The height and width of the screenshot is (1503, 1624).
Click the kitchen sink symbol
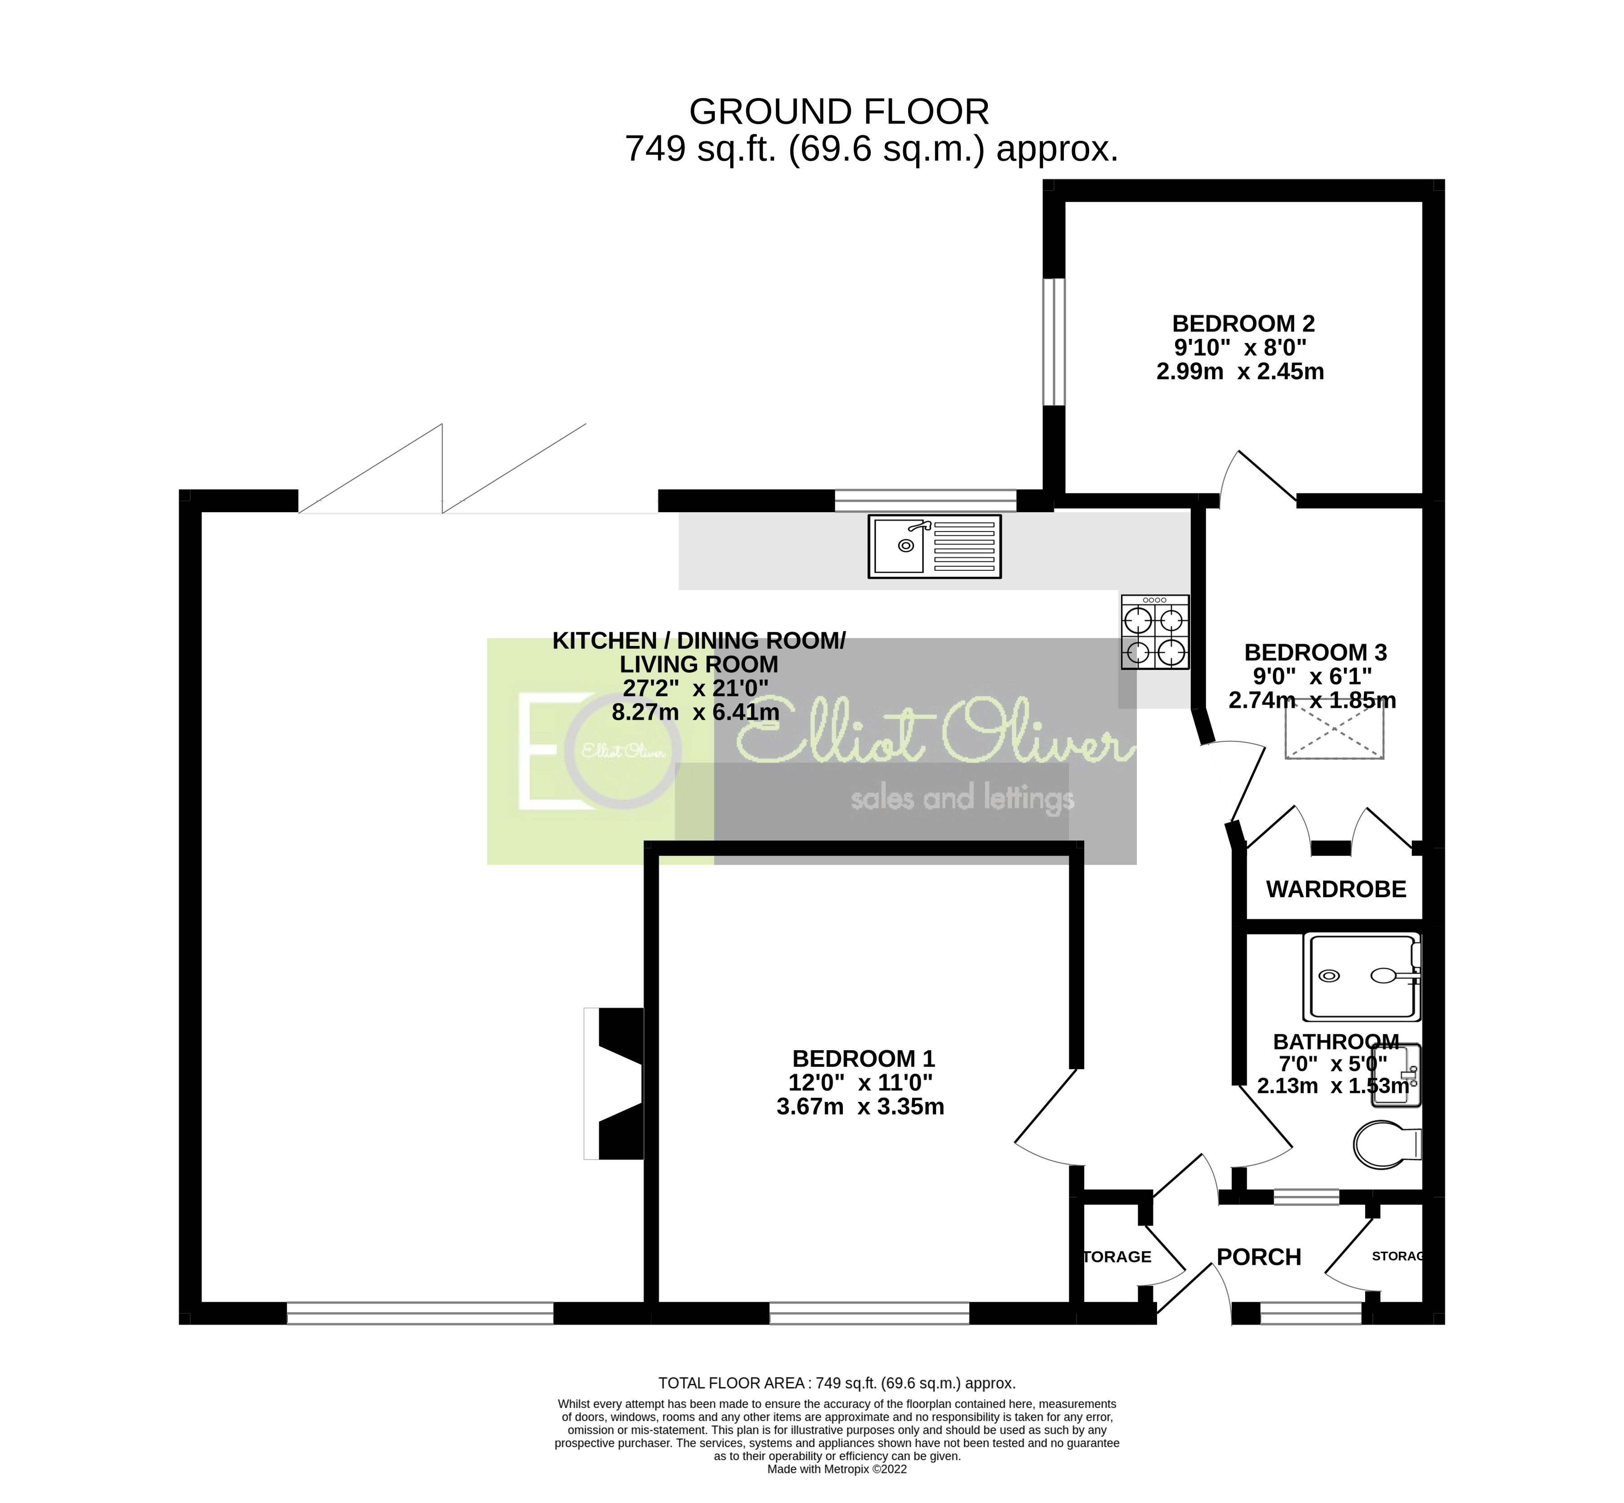pyautogui.click(x=934, y=546)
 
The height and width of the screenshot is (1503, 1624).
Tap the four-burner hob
pyautogui.click(x=1154, y=632)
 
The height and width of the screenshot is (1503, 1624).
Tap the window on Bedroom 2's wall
pyautogui.click(x=1054, y=342)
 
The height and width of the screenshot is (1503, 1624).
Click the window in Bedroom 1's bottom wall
pyautogui.click(x=869, y=1313)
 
